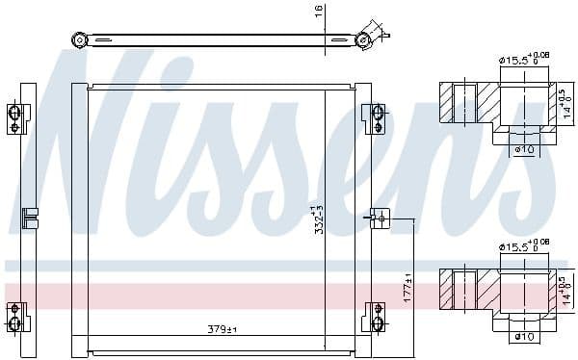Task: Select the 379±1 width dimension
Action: click(x=223, y=330)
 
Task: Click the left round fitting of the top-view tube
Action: click(x=80, y=39)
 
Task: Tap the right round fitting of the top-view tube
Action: click(x=364, y=39)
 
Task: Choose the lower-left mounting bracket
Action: click(x=14, y=315)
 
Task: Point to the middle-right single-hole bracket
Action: click(x=379, y=219)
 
